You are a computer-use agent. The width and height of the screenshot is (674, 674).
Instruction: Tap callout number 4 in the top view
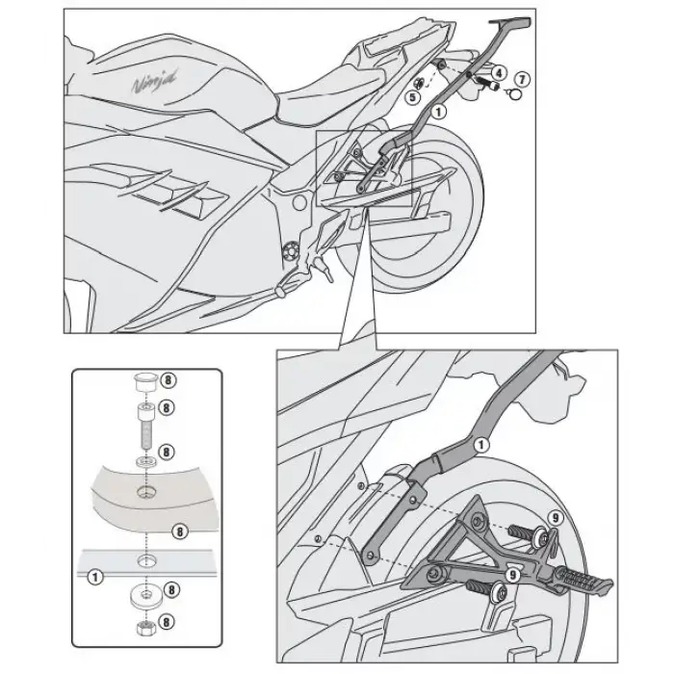coord(498,72)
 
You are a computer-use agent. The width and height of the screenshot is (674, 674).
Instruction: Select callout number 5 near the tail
coord(412,96)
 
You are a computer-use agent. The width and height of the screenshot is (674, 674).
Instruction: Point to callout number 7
coord(522,77)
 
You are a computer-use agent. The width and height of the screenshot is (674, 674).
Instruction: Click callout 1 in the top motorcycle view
coord(439,112)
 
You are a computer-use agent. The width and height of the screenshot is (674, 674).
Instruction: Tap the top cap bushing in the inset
coord(145,378)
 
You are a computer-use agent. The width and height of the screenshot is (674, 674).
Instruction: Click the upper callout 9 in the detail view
coord(554,518)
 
